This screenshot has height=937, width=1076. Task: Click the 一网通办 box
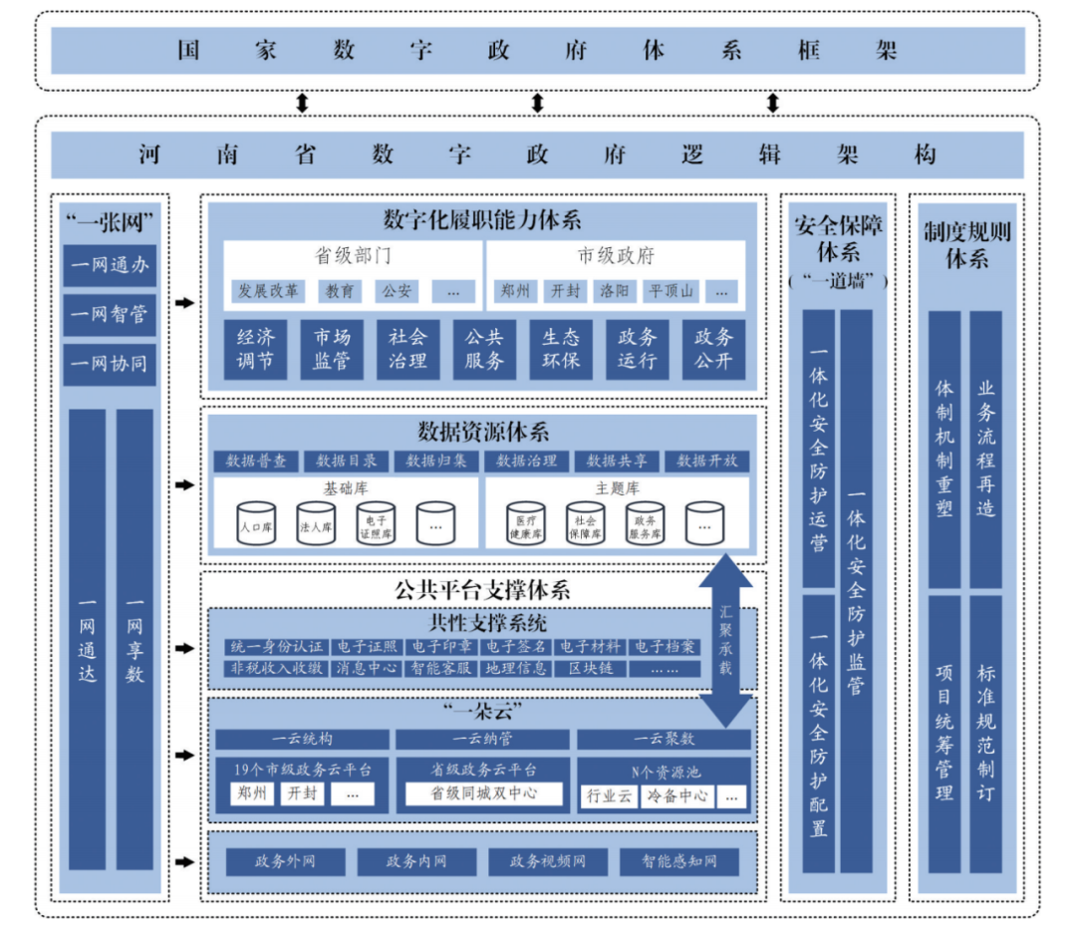click(110, 266)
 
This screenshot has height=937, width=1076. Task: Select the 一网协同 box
click(110, 364)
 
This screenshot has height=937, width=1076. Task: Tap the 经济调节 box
click(255, 349)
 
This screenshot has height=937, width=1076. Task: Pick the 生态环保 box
click(561, 349)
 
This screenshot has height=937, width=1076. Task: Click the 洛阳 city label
click(614, 291)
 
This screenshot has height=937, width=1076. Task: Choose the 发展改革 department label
click(266, 291)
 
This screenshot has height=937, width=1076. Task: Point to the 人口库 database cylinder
click(255, 522)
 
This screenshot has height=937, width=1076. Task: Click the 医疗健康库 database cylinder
click(525, 522)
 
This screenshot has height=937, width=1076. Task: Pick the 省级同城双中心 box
click(483, 793)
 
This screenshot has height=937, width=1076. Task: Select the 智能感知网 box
click(678, 861)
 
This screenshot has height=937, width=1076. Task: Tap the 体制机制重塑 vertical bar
click(944, 449)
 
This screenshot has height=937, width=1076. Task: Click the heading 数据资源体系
click(483, 433)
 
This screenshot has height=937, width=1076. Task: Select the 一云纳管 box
click(483, 739)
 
